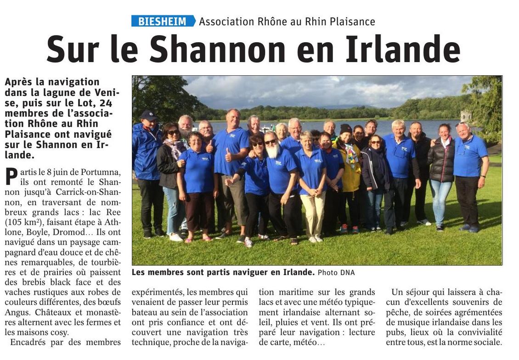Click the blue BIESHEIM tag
[x=163, y=21]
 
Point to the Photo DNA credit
[x=336, y=273]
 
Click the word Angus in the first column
[x=19, y=312]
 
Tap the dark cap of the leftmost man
[x=149, y=115]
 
